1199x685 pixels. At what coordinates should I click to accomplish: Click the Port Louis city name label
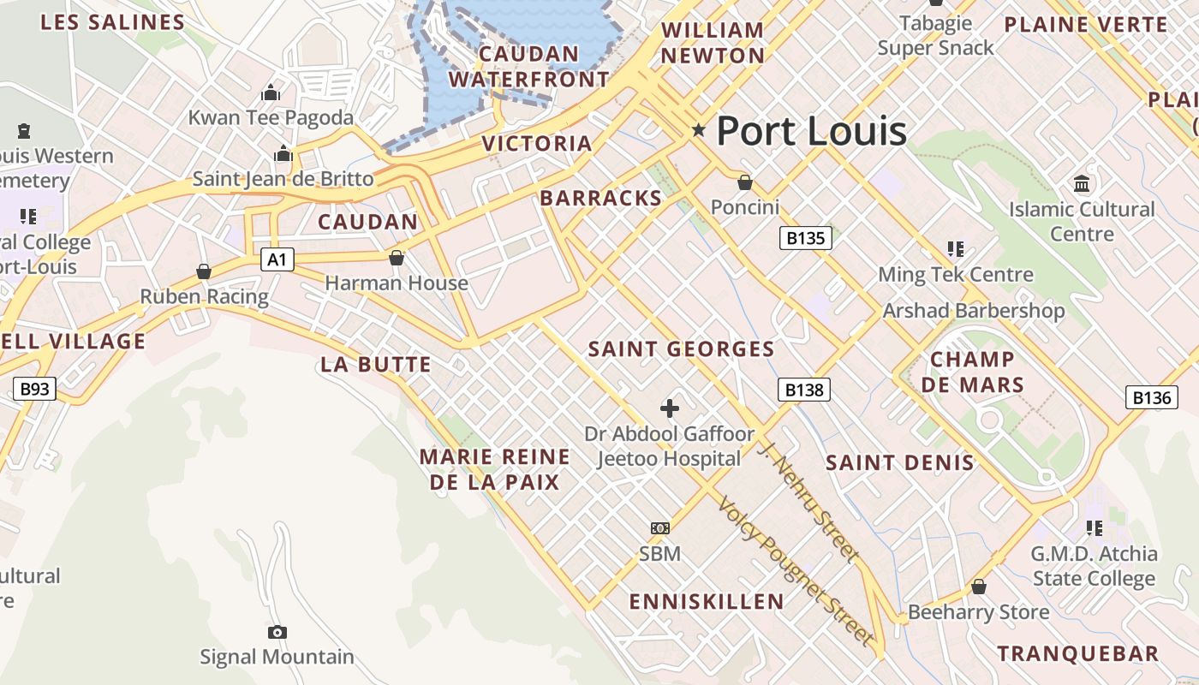pos(811,131)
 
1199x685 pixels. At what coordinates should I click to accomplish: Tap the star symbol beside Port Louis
pos(699,130)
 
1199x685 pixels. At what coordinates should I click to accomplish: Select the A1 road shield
pos(277,259)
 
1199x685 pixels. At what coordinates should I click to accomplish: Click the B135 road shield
pos(806,237)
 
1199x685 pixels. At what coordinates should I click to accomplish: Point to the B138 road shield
pos(804,390)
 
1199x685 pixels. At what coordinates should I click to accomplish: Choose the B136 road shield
pos(1151,397)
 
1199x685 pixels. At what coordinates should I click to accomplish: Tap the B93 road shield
pos(34,390)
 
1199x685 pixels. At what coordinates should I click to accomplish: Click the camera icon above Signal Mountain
pos(277,632)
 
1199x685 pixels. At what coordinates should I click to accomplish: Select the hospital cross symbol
pos(670,408)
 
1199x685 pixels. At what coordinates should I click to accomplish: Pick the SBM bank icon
pos(660,528)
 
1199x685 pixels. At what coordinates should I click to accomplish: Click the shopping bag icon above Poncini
pos(745,182)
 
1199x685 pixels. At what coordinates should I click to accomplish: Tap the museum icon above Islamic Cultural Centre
pos(1081,184)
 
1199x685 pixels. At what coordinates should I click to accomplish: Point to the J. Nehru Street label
pos(809,502)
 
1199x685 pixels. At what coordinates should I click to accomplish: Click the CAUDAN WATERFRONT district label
pos(528,67)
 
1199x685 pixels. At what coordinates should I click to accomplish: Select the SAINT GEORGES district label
pos(681,349)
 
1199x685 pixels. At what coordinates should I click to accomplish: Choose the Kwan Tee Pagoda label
pos(271,117)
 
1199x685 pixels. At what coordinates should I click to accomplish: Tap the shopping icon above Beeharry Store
pos(978,587)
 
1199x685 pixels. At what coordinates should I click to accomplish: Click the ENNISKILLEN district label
pos(707,602)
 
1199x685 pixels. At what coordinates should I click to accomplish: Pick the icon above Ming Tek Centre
pos(956,249)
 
